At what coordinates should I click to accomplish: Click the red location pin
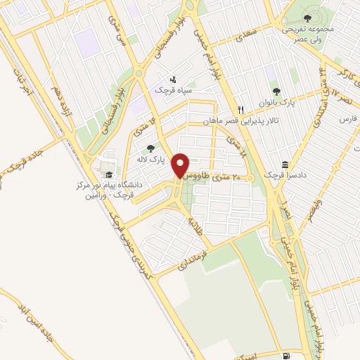tap(182, 165)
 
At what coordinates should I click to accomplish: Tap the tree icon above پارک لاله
tap(150, 148)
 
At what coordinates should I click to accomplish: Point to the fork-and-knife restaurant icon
tap(240, 110)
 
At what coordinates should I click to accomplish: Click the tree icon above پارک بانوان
tap(276, 91)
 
